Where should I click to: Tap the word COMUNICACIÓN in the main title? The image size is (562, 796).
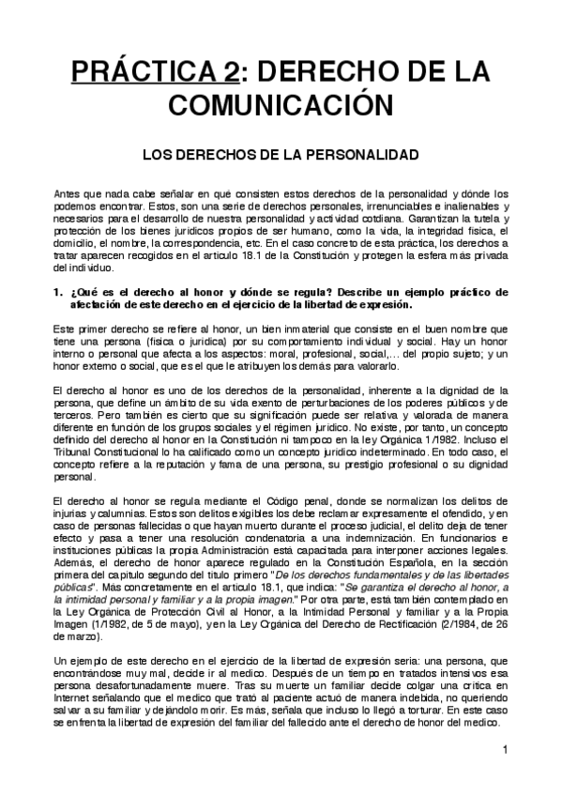[x=281, y=103]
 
